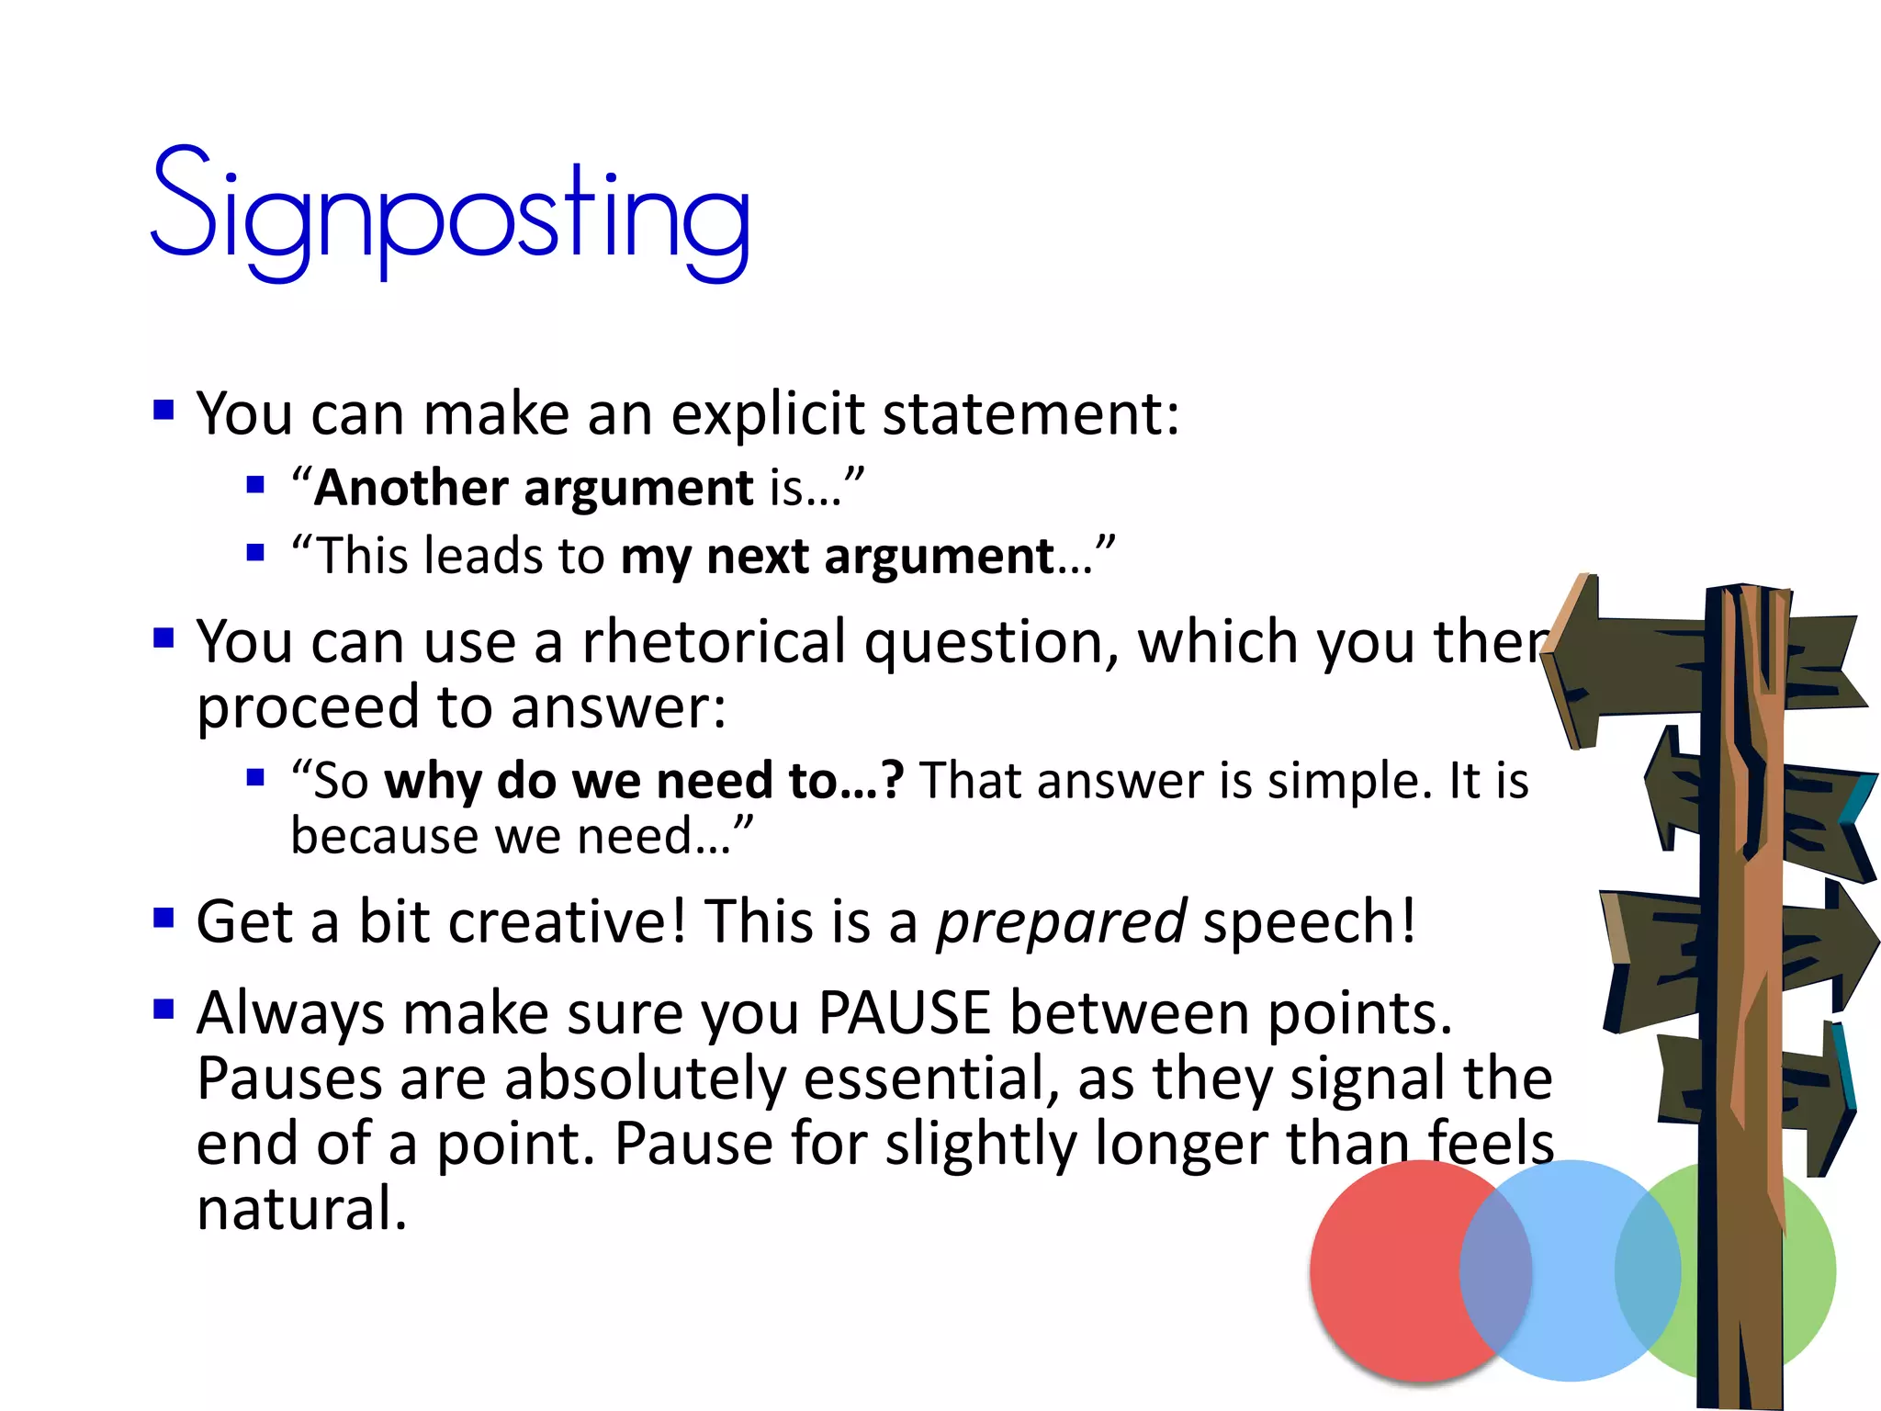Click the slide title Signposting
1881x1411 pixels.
(x=450, y=213)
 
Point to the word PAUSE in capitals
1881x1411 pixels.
(x=904, y=1013)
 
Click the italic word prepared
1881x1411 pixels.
(x=1061, y=922)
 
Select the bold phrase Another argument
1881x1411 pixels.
(x=533, y=488)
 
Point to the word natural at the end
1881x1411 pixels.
(x=301, y=1209)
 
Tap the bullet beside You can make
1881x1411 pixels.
(x=164, y=410)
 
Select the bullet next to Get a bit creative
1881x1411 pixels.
(x=164, y=918)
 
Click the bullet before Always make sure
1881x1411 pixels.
(x=164, y=1010)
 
